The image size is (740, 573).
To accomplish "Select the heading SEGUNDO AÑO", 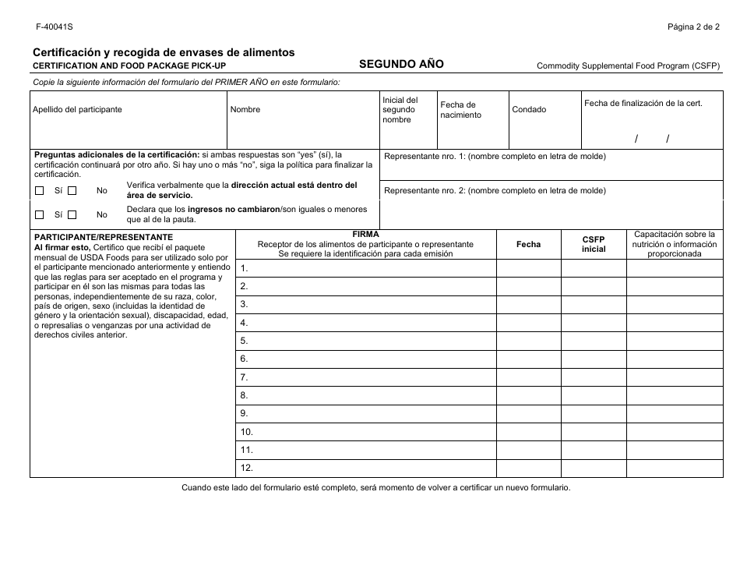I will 401,64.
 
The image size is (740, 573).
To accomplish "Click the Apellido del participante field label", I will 77,110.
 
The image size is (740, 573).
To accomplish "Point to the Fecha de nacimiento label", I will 460,110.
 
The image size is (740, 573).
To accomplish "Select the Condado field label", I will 529,110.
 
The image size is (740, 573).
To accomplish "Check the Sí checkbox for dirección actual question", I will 40,190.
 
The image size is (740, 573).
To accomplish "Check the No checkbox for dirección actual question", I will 72,190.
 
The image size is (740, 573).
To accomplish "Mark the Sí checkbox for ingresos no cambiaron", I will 40,214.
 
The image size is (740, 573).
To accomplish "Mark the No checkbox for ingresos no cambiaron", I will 72,214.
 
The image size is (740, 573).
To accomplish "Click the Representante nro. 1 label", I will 495,156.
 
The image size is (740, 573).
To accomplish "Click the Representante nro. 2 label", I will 495,190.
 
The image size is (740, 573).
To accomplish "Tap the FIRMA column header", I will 365,234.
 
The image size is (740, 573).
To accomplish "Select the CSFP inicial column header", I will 594,244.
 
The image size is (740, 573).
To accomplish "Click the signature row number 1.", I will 366,268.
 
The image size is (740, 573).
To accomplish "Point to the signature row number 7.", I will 366,377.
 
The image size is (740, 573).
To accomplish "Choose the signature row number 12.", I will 366,469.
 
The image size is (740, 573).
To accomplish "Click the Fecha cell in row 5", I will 528,341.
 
